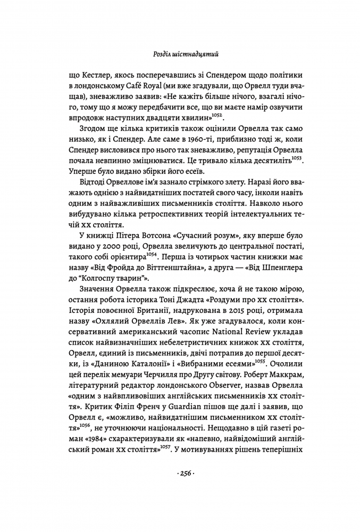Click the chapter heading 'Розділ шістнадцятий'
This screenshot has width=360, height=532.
180,54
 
